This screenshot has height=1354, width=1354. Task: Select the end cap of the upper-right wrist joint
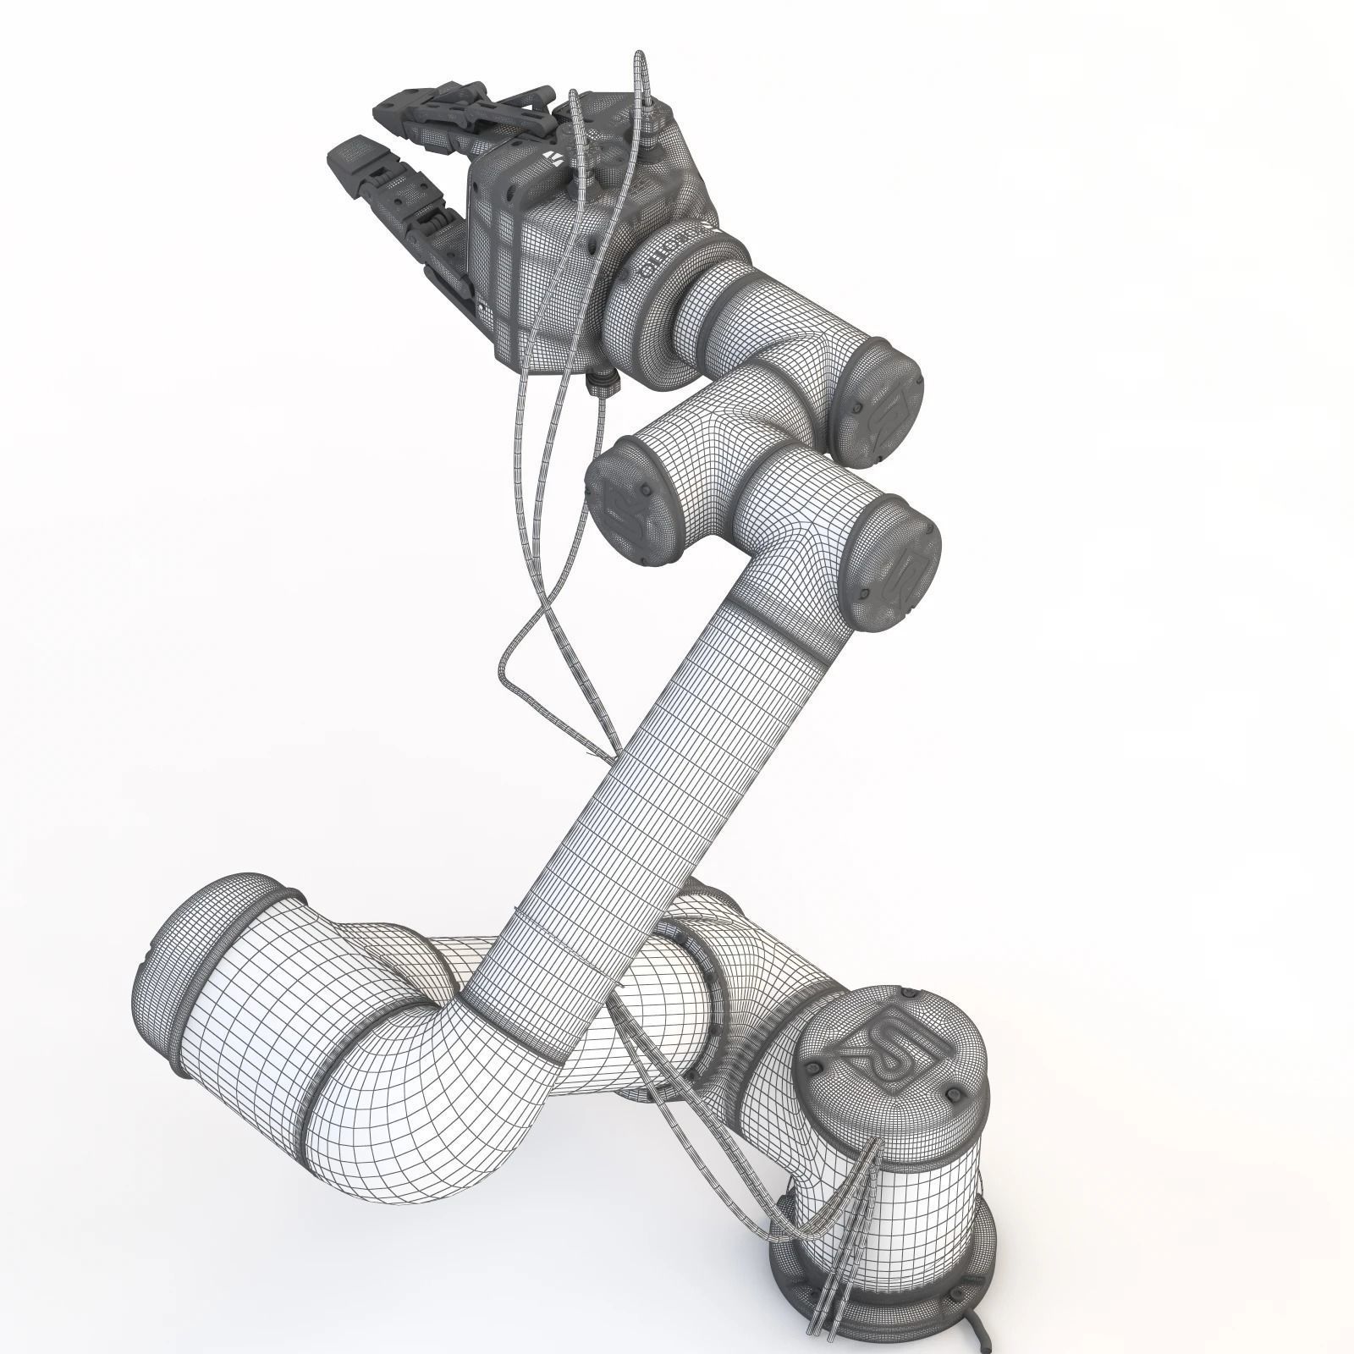coord(880,402)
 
